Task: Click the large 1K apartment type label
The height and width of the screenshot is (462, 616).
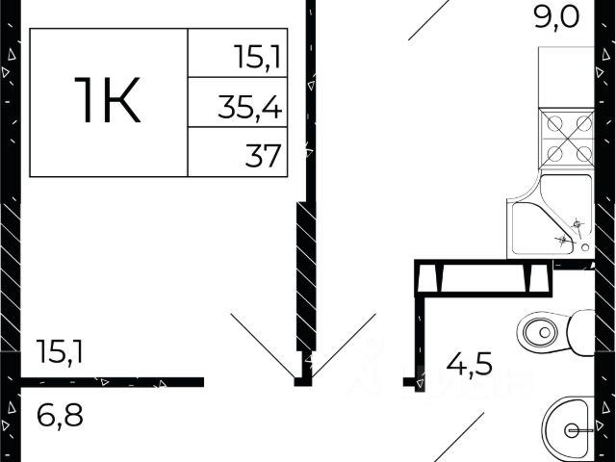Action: coord(107,100)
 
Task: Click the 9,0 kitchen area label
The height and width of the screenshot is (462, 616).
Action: coord(556,18)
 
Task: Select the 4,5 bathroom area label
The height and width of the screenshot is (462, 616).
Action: coord(469,365)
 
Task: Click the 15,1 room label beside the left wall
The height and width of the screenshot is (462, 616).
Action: coord(60,352)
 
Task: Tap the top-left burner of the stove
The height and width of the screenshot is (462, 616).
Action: coord(554,124)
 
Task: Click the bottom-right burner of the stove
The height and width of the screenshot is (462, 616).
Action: coord(584,154)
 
